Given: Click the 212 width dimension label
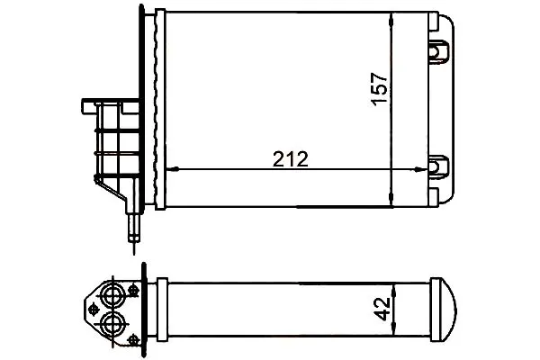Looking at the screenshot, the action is pyautogui.click(x=291, y=159).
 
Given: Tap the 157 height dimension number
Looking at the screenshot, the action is pyautogui.click(x=380, y=89).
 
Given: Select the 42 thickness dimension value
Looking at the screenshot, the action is pyautogui.click(x=382, y=309).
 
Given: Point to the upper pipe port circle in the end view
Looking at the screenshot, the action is pyautogui.click(x=112, y=295).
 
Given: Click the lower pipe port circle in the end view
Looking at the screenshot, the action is pyautogui.click(x=112, y=323).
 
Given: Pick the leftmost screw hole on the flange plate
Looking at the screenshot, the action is pyautogui.click(x=93, y=309).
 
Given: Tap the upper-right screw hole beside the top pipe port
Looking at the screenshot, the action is pyautogui.click(x=132, y=290).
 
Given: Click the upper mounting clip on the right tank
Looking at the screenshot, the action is pyautogui.click(x=438, y=51).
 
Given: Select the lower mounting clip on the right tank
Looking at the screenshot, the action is pyautogui.click(x=438, y=166).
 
